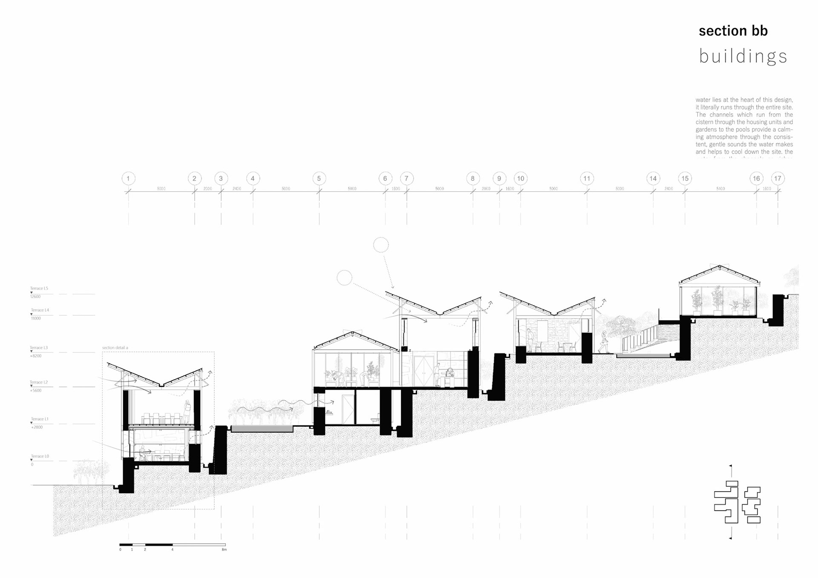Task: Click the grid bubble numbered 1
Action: click(128, 178)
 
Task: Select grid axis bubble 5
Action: click(319, 178)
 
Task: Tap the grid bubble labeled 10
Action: click(520, 178)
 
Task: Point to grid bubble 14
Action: click(653, 178)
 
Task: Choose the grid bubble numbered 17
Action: click(778, 178)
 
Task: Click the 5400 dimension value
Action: click(720, 188)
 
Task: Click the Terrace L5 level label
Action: click(39, 288)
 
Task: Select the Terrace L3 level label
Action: click(39, 348)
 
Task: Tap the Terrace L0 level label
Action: click(40, 456)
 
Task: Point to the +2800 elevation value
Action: click(37, 427)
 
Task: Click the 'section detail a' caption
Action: click(115, 348)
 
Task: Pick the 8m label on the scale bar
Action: click(225, 549)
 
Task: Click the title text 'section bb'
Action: click(733, 31)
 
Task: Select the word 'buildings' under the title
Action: click(743, 56)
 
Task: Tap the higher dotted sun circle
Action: click(381, 245)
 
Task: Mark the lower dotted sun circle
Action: click(344, 278)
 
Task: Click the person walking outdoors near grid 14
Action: click(604, 342)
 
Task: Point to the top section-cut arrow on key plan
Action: click(731, 466)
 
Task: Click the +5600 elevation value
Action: click(36, 390)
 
